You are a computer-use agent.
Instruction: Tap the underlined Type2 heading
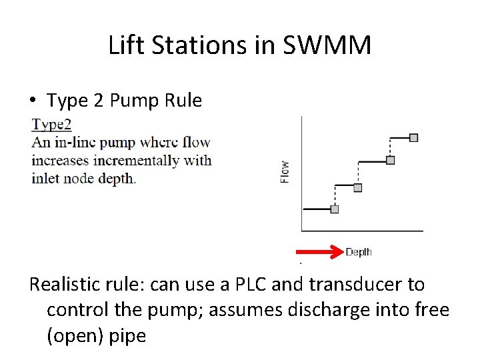[51, 124]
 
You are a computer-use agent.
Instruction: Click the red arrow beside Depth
[319, 251]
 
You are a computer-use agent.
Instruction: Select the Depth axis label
[359, 251]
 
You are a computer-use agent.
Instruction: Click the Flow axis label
[285, 172]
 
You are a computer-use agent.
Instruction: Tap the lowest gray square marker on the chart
[335, 209]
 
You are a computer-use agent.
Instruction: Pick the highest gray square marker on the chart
[413, 137]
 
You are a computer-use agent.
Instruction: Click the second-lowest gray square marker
[358, 187]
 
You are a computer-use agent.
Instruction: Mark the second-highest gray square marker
[391, 160]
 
